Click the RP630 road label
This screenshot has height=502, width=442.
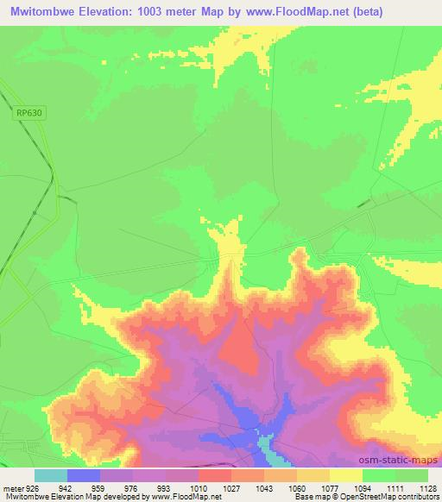click(28, 111)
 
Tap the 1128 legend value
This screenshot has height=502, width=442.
click(417, 486)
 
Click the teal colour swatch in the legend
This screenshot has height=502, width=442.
click(51, 474)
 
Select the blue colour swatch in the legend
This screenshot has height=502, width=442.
click(84, 474)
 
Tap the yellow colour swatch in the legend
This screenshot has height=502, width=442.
click(345, 474)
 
